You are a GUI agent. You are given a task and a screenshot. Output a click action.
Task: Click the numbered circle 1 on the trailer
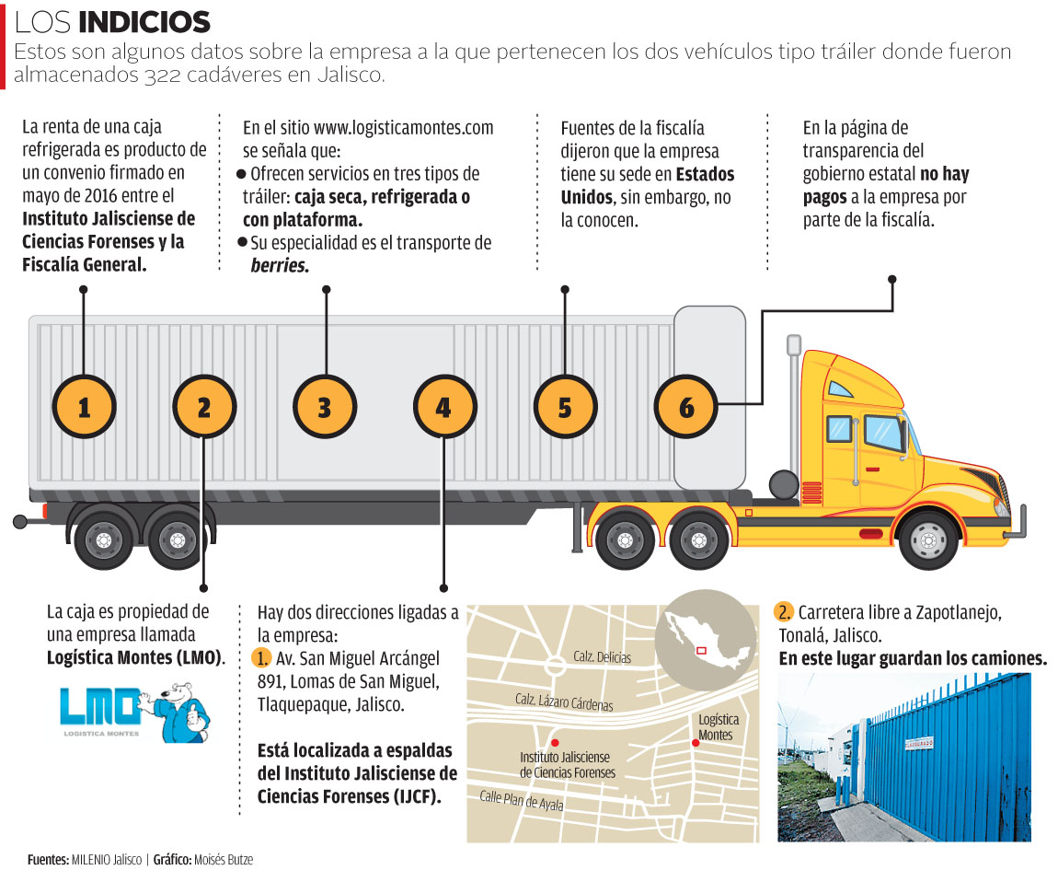point(84,406)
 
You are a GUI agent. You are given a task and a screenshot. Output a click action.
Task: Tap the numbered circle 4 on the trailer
point(444,406)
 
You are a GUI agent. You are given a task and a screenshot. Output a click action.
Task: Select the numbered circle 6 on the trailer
point(686,406)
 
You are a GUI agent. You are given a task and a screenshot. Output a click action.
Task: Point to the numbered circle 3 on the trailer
point(324,406)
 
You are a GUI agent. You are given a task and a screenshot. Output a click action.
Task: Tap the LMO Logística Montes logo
point(102,709)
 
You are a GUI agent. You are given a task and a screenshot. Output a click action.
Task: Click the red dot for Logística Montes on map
point(696,742)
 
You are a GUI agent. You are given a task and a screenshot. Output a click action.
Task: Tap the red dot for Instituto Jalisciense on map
point(554,743)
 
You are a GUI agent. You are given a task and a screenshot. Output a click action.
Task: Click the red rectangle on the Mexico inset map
point(701,650)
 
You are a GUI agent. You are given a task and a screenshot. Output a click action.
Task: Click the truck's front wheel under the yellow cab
point(928,539)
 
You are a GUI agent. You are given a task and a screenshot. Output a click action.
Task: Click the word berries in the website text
point(280,265)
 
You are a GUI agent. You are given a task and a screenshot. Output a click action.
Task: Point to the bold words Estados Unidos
point(649,185)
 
